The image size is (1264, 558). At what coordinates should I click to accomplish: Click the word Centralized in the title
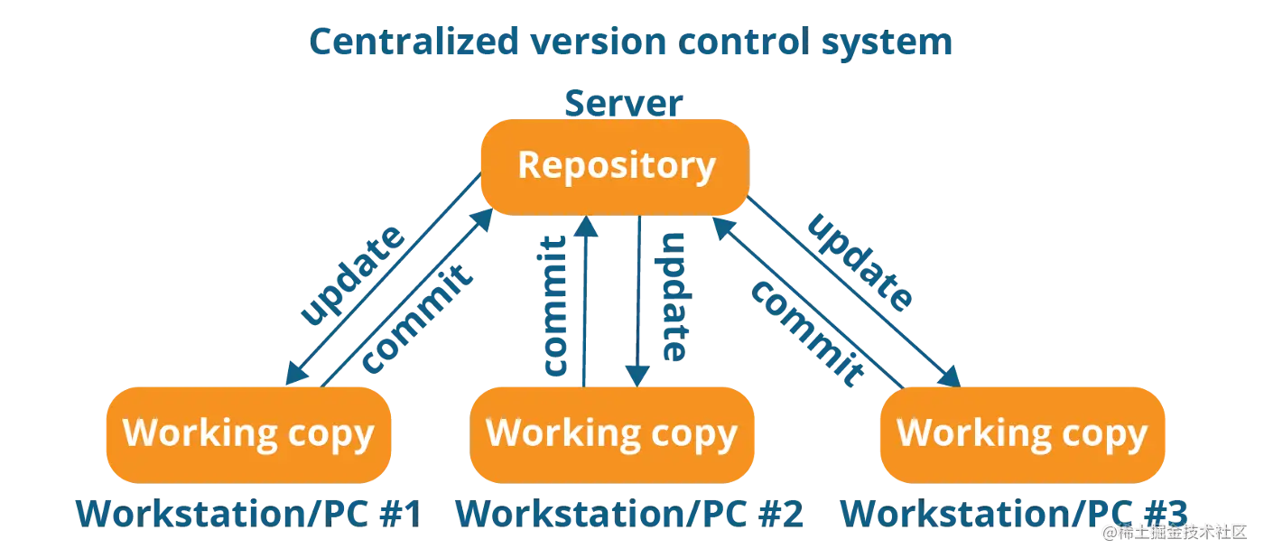(414, 42)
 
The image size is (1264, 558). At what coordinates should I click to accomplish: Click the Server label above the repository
(624, 103)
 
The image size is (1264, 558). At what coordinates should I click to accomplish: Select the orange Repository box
(615, 167)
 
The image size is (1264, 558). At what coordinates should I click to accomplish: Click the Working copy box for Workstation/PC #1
(249, 434)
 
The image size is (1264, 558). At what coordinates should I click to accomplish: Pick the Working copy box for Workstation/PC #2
(612, 434)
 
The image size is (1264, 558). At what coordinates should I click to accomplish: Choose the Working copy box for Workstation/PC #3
(1022, 434)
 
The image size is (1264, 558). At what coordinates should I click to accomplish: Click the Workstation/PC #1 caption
(249, 514)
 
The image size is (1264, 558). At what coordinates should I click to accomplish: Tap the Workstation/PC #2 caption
(629, 514)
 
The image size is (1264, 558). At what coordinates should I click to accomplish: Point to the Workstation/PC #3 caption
(1014, 514)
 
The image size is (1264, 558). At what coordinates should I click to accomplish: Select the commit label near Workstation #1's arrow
(416, 319)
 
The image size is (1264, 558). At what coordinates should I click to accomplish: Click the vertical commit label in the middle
(554, 305)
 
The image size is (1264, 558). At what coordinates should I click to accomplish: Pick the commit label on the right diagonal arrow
(807, 334)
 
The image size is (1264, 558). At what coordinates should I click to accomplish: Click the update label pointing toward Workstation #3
(860, 263)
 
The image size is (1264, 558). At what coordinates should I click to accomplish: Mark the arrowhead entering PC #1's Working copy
(296, 374)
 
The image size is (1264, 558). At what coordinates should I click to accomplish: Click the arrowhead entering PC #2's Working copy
(637, 377)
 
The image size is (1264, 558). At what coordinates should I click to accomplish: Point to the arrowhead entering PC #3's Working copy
(950, 377)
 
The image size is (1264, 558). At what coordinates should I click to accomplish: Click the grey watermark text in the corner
(1175, 532)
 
